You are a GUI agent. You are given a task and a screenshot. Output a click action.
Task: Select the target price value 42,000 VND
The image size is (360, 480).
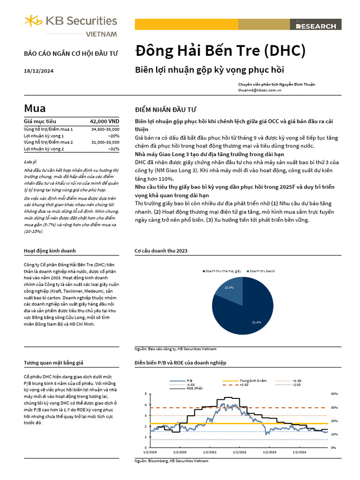pos(105,121)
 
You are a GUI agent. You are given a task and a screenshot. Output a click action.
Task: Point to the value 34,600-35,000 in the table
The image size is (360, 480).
pos(105,128)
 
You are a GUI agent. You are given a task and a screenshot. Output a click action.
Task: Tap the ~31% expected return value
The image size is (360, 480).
pos(113,149)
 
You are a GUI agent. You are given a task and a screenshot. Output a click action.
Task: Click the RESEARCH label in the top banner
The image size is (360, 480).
pos(315,26)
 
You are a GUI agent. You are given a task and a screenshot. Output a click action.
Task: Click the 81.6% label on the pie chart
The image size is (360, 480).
pos(256,322)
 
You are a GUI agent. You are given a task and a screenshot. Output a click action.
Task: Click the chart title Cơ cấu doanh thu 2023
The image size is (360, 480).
pos(161,251)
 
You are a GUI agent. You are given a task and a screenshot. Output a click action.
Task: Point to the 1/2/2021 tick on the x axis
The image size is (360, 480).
pos(210,452)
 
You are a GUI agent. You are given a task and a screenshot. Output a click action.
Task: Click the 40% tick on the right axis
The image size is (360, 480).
pos(334,393)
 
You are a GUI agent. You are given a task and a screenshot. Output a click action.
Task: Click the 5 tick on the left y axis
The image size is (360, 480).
pos(146,393)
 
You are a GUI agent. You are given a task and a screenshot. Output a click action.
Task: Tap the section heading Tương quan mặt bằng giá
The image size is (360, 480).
pos(53,363)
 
